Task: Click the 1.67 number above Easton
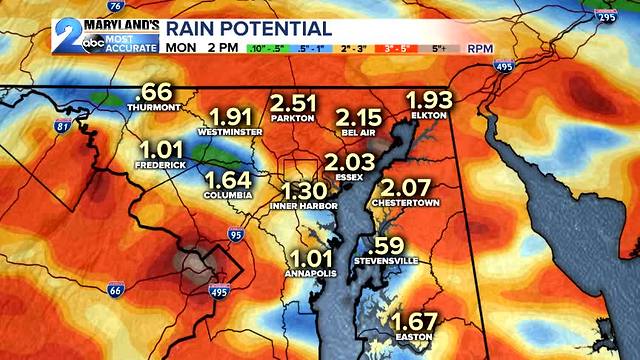point(413,322)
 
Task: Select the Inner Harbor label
point(303,207)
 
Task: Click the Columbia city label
point(227,196)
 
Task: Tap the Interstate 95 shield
point(236,235)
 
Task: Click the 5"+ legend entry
point(441,47)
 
